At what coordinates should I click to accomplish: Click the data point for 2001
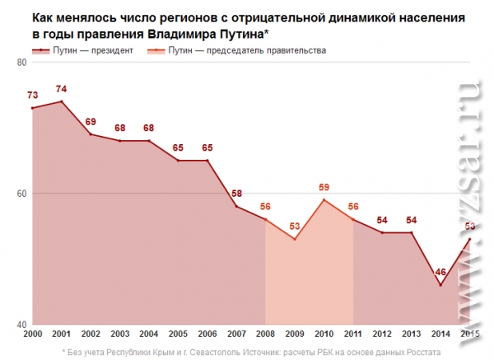(62, 101)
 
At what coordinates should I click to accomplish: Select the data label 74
(62, 89)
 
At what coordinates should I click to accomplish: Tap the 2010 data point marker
(324, 199)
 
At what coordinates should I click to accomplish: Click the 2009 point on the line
(295, 239)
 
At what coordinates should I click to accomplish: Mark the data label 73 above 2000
(33, 96)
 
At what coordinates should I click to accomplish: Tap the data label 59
(324, 187)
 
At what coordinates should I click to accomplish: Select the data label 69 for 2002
(91, 122)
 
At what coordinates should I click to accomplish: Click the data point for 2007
(236, 206)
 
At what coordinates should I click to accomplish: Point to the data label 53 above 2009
(295, 227)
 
